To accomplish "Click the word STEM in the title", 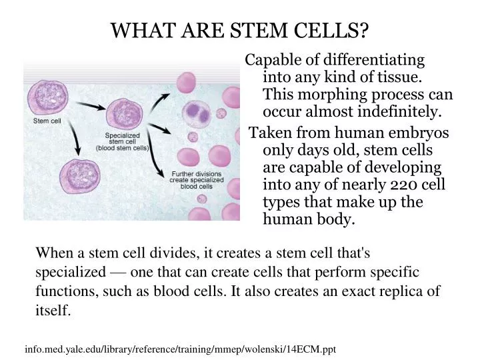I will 247,30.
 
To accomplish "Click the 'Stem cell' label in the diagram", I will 47,121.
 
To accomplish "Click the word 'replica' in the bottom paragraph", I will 401,291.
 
